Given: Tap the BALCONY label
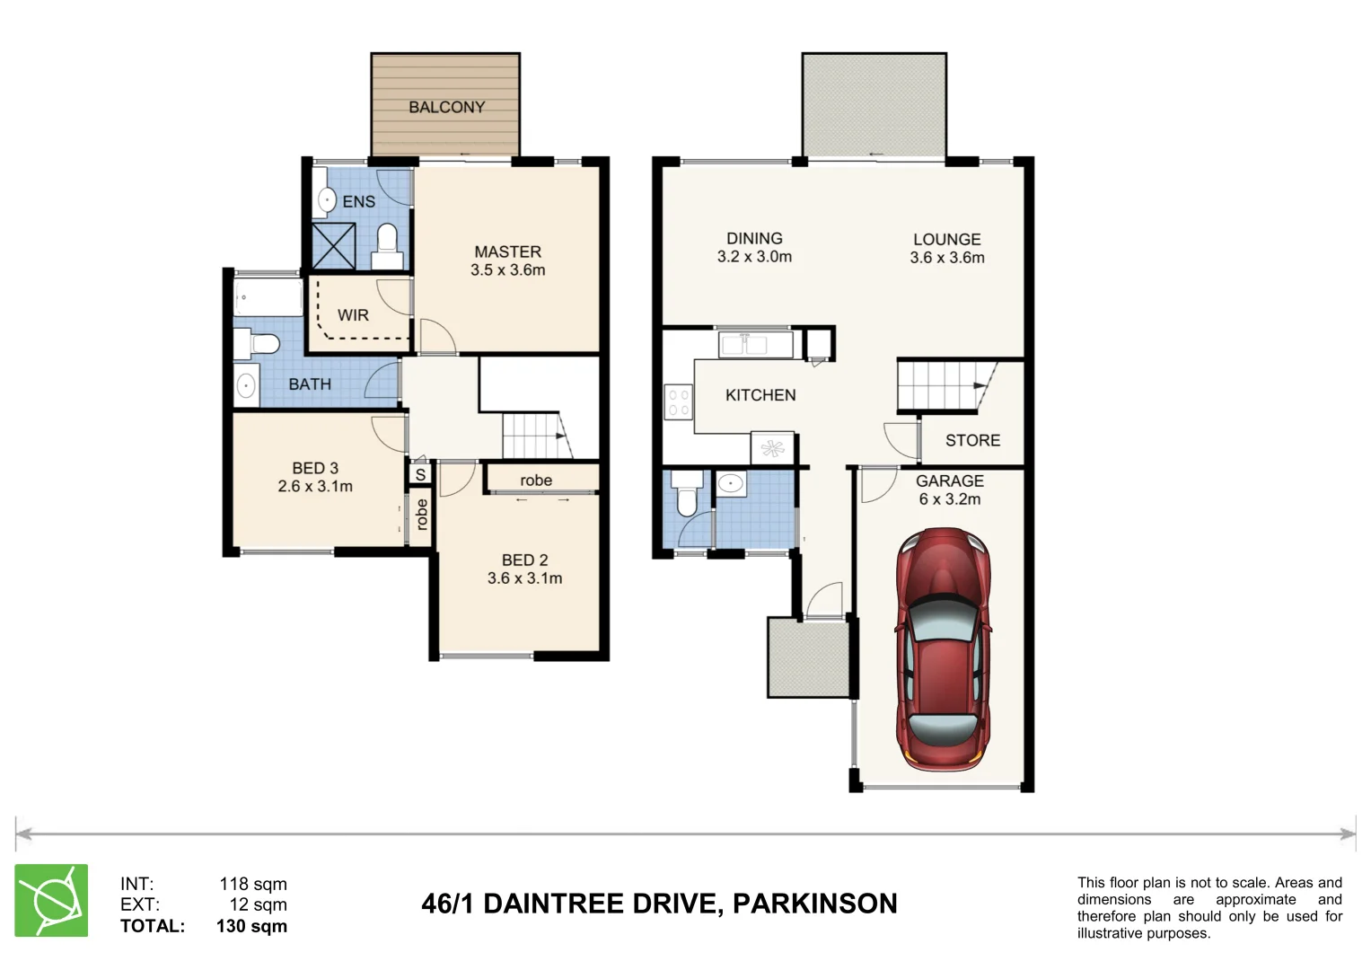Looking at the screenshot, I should [446, 107].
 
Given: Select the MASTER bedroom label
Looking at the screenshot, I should [507, 252].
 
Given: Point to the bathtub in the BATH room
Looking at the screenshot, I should [268, 297].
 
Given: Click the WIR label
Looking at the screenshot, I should [353, 315].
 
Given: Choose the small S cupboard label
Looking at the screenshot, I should [420, 474].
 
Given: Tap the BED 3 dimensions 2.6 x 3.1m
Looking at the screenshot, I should [315, 487].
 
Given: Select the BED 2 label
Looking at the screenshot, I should [524, 560].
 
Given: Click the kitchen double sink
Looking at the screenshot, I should [754, 344].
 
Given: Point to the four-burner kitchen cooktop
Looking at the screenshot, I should [678, 401].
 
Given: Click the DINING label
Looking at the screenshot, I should [754, 238].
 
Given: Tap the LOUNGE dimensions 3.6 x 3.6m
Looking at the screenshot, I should [946, 258].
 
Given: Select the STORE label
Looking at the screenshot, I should [972, 440].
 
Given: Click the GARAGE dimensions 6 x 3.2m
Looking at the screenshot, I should [949, 499].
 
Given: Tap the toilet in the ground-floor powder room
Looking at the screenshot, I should [687, 498].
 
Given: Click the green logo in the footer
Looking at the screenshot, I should [51, 900].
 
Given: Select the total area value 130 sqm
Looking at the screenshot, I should [251, 926].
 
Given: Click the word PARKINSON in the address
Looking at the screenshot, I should [814, 904].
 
